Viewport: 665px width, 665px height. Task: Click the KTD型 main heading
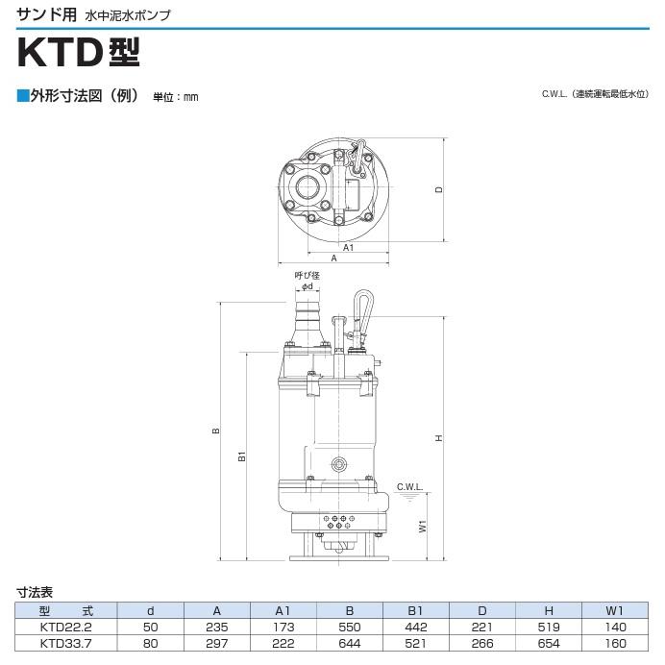tap(79, 53)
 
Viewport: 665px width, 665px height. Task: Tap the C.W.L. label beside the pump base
tap(409, 487)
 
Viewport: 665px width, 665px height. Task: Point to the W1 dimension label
tap(423, 526)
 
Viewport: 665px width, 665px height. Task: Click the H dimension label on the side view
tap(438, 437)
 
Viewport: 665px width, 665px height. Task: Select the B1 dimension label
tap(242, 456)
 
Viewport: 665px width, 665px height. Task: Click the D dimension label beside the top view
tap(439, 189)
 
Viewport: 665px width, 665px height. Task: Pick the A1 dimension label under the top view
tap(348, 247)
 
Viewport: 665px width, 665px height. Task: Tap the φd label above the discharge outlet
tap(308, 286)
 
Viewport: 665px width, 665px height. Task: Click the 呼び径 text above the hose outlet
tap(308, 276)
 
